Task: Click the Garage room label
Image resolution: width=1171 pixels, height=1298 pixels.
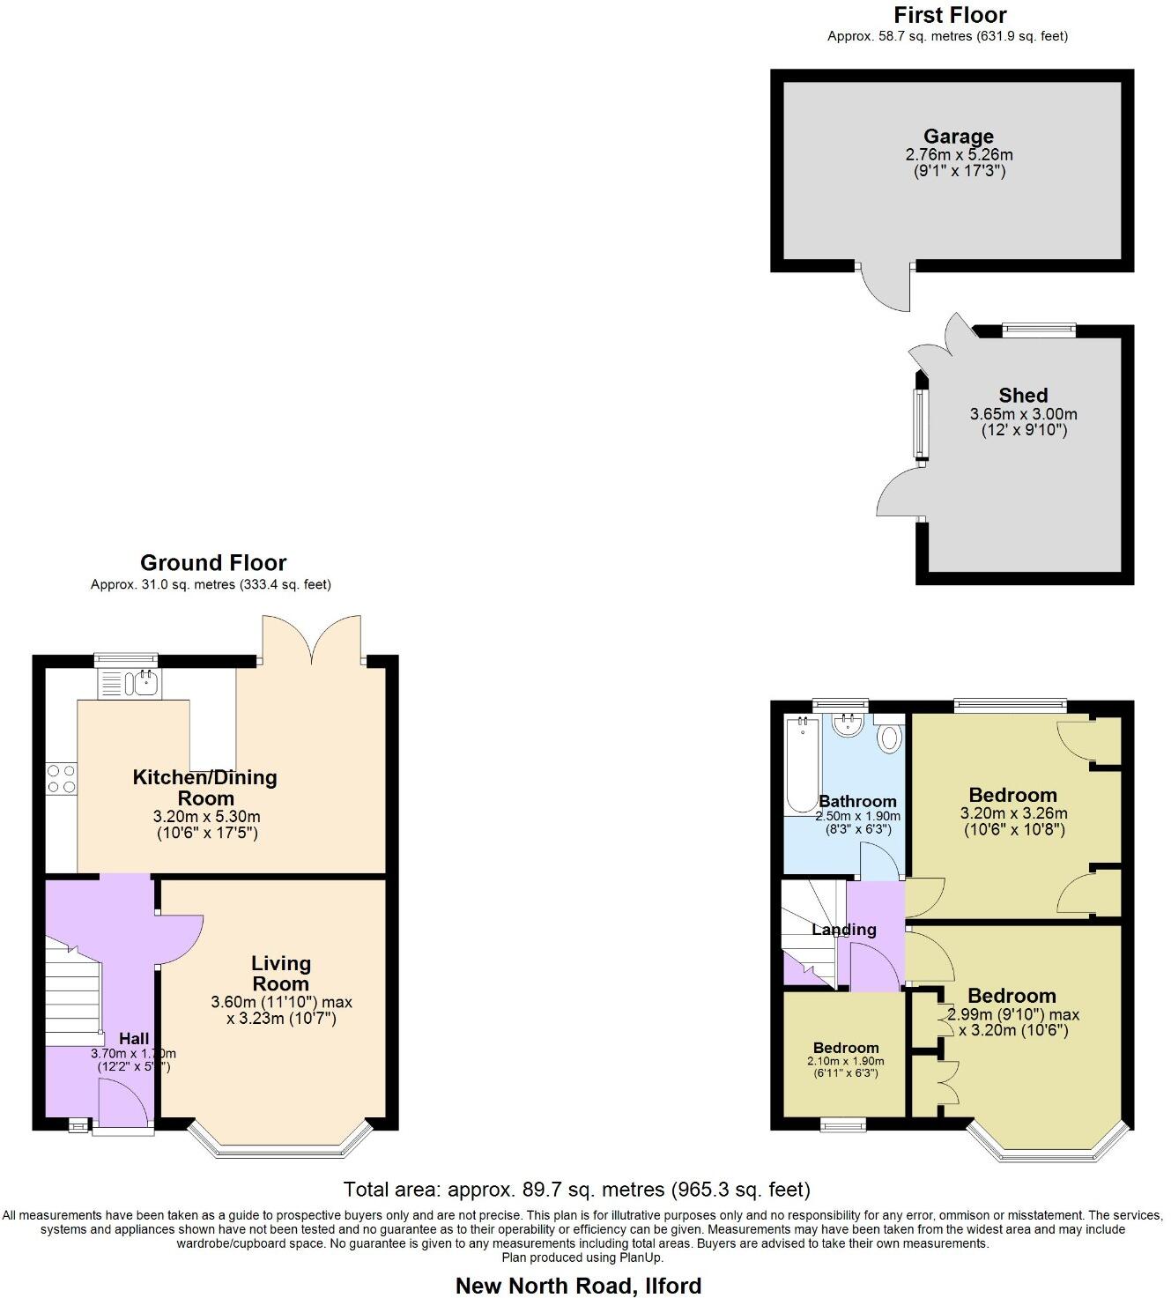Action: (x=958, y=137)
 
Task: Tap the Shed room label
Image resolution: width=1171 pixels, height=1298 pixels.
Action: (x=1023, y=396)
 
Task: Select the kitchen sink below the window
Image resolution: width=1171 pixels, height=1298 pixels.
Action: (x=128, y=684)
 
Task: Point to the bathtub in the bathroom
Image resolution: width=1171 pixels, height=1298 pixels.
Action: (x=802, y=764)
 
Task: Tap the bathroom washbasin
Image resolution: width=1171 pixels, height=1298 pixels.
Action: (x=848, y=725)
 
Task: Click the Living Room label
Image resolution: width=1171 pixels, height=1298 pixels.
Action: (x=281, y=974)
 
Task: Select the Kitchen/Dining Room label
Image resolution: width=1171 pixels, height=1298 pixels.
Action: (x=204, y=788)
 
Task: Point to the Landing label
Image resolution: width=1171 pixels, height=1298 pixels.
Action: (x=843, y=930)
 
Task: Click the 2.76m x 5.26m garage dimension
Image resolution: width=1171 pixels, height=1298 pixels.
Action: (x=959, y=155)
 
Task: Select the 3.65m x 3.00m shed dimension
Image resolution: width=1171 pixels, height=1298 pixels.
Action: (x=1023, y=414)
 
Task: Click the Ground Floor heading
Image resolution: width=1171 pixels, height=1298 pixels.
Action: (x=213, y=563)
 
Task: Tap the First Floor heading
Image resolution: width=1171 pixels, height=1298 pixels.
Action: (x=949, y=15)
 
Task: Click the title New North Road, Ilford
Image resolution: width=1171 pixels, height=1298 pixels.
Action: (x=578, y=1286)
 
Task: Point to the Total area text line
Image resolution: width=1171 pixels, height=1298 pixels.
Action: (x=576, y=1190)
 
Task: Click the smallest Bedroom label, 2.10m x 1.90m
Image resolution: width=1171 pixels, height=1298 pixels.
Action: (x=846, y=1048)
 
